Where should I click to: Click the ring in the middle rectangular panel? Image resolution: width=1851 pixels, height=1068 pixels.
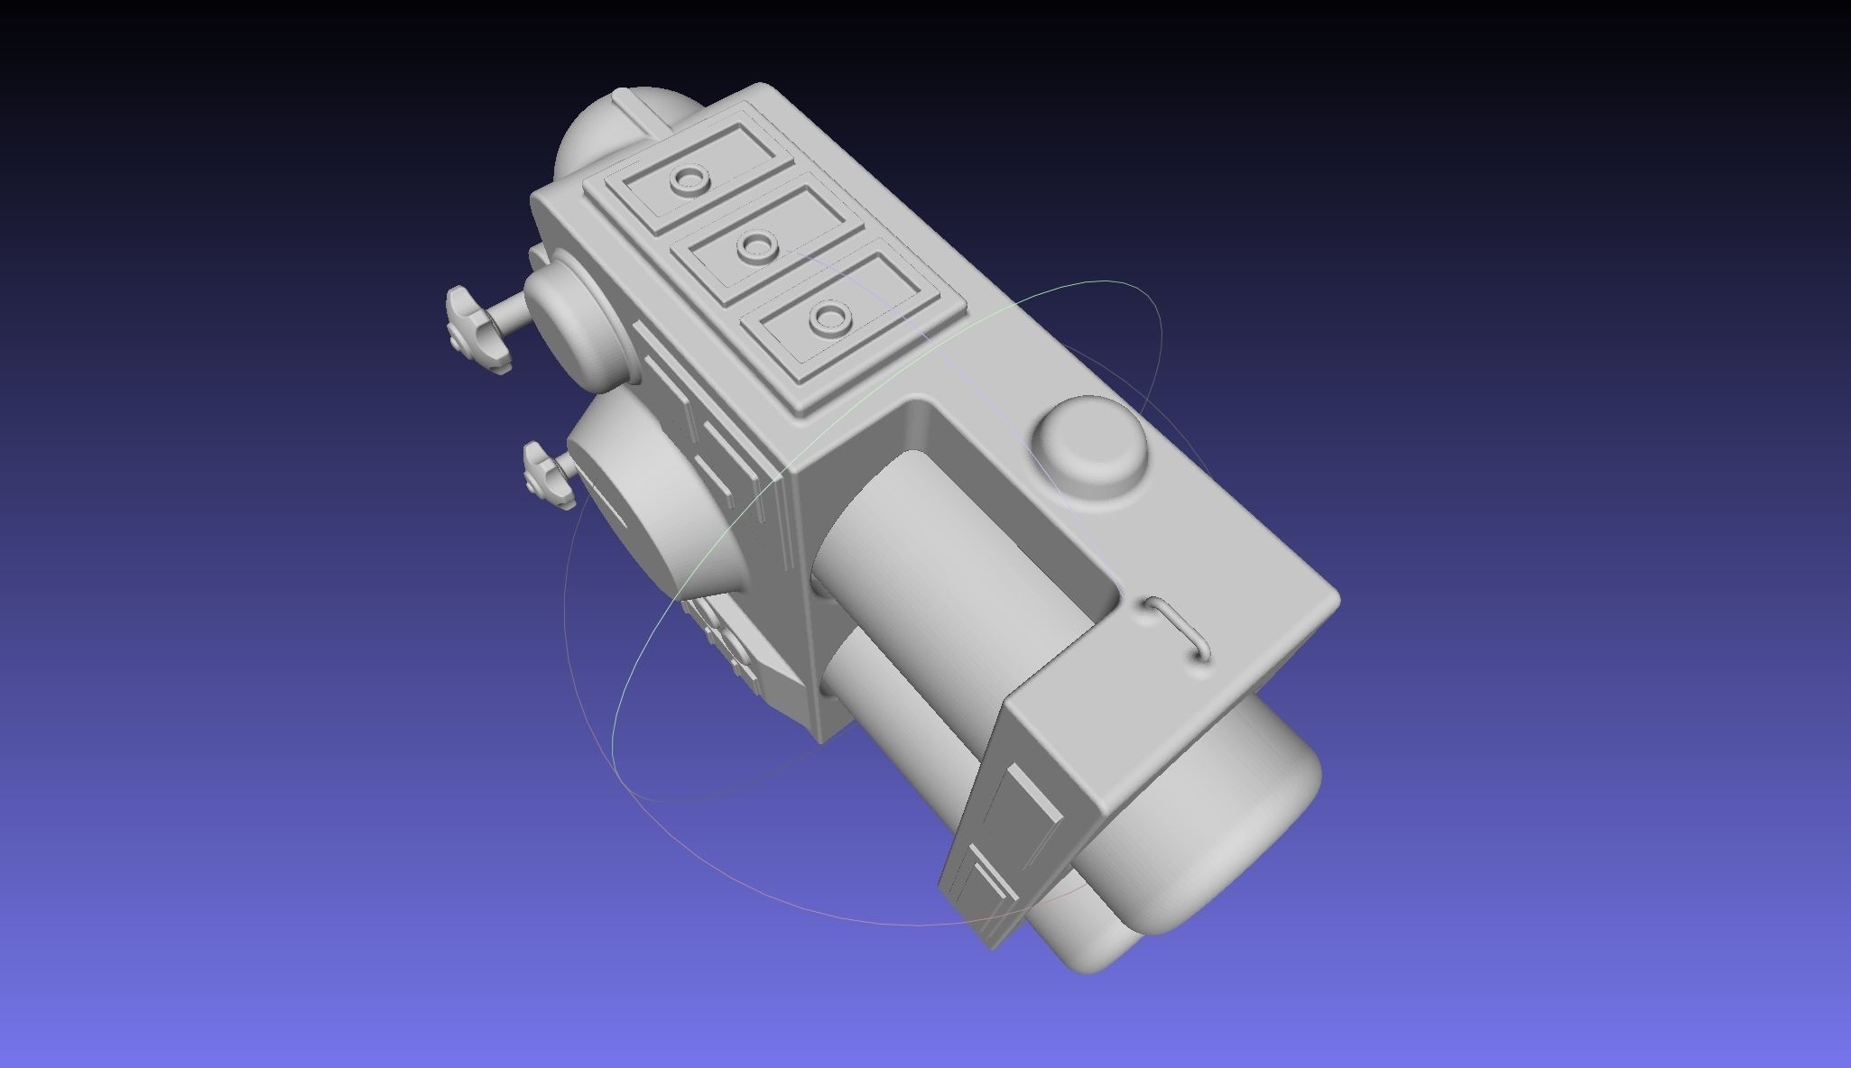click(756, 244)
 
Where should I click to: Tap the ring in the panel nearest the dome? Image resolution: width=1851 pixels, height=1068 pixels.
click(690, 180)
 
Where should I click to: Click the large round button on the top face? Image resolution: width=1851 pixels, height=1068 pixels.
click(1089, 454)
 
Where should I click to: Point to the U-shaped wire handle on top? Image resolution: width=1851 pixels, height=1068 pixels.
click(1179, 630)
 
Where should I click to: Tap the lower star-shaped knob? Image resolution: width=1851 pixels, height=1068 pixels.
click(547, 474)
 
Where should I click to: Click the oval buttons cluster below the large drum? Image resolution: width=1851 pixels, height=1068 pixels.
click(722, 640)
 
